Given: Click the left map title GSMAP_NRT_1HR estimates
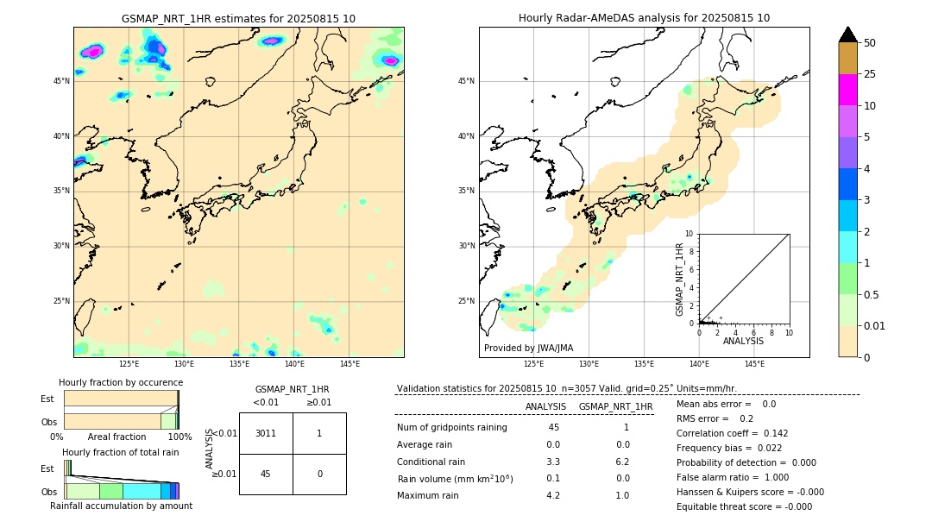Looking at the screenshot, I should pos(238,18).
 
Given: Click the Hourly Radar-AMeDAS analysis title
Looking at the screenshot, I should pos(644,18).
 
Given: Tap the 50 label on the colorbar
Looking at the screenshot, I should pos(870,43).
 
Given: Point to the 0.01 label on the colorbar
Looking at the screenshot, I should pos(875,325).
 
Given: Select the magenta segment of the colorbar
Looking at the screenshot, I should pos(847,90).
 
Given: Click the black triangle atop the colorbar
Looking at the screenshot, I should pos(847,35).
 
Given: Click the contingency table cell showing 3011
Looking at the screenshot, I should pos(266,433).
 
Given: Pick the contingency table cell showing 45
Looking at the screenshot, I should pos(266,474).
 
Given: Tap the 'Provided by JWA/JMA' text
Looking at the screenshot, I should pos(528,348).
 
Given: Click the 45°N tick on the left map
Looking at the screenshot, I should pos(61,81).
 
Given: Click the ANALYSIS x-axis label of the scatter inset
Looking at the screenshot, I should pos(743,341).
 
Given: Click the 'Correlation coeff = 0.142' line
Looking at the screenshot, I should pos(732,433).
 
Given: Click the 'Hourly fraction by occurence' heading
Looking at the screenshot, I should pos(121,382).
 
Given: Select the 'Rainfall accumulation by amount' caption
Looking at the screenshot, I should pos(121,506).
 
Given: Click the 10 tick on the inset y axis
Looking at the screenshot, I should pos(689,233).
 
